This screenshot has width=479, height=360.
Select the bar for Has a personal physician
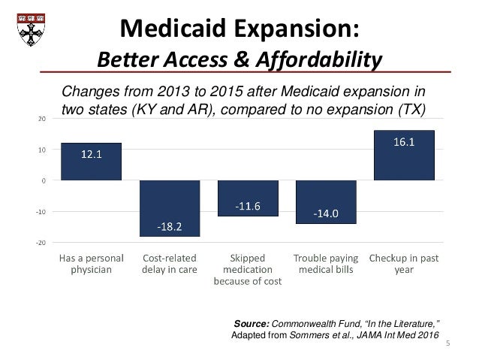(x=91, y=162)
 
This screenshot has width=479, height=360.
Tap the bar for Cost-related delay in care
(x=170, y=208)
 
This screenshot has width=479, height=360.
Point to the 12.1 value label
(x=91, y=156)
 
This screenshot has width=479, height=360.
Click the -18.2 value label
(x=170, y=225)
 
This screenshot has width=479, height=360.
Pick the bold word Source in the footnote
(x=251, y=323)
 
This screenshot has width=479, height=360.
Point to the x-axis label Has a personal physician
(x=91, y=265)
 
